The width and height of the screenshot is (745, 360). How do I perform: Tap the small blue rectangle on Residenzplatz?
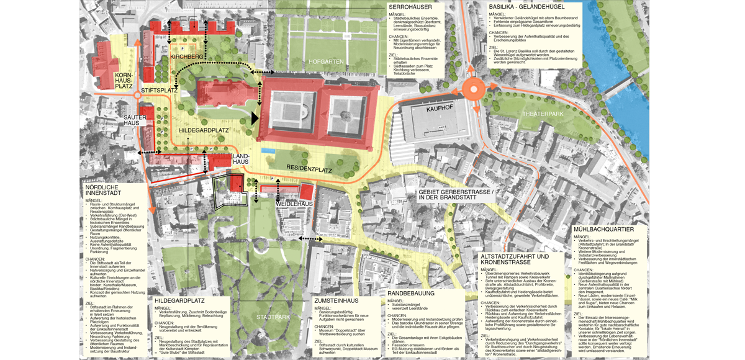point(268,151)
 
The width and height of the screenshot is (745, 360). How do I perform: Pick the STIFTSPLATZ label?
point(160,91)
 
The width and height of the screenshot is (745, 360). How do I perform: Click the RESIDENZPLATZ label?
point(309,169)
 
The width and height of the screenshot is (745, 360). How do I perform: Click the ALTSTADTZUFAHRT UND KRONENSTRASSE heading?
point(515,259)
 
